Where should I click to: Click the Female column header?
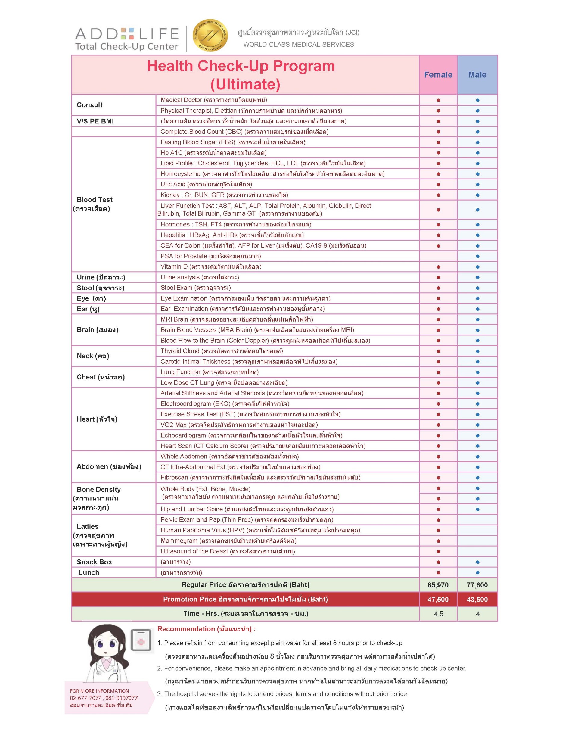click(x=438, y=75)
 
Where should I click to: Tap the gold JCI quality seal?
click(x=210, y=35)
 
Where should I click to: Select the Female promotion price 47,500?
click(x=438, y=599)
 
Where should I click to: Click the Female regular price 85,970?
click(x=438, y=585)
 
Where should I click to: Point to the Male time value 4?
click(x=477, y=614)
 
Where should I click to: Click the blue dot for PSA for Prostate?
click(x=477, y=256)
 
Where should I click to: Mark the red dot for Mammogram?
click(x=438, y=541)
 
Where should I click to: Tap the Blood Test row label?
click(x=95, y=200)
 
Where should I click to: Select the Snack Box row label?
click(x=94, y=562)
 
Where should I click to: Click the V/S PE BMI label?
click(x=95, y=121)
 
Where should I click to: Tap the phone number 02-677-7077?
click(x=85, y=698)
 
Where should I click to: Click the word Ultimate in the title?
click(x=245, y=84)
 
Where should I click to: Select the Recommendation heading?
click(x=207, y=629)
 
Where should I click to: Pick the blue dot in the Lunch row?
click(x=477, y=573)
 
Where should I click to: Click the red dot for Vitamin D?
click(x=438, y=267)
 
